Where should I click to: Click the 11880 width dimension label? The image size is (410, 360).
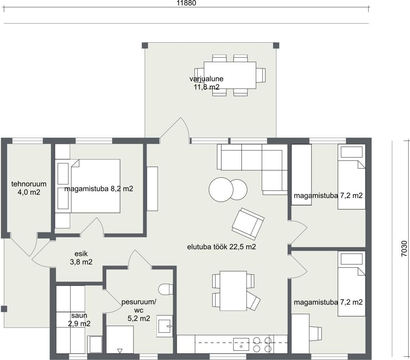point(186,3)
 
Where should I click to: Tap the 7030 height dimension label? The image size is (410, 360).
point(404,249)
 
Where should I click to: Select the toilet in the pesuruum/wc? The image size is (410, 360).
point(166,289)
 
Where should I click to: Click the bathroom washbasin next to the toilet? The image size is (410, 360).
point(164,326)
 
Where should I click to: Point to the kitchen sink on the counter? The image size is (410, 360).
point(241,344)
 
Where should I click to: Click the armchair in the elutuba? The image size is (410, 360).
point(248,224)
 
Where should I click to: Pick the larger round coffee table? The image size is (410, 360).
point(221,190)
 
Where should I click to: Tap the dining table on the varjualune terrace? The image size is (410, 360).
point(230,75)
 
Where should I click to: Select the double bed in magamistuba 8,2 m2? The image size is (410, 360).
point(87,186)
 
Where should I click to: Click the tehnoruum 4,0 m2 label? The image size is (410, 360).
point(29,188)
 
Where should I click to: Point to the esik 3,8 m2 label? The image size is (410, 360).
point(81,258)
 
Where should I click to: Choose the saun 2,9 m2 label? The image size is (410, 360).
point(79,320)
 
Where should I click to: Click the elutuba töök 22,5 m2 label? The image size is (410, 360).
point(221,247)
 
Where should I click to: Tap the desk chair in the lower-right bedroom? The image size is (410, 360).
point(315,334)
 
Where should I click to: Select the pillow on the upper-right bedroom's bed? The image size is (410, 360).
point(351,152)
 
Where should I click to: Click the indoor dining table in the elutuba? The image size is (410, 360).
point(233,291)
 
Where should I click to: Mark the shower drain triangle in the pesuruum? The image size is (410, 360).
point(120,351)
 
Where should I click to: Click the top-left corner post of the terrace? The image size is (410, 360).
point(145,45)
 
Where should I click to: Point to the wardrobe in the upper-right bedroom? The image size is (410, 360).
point(301,174)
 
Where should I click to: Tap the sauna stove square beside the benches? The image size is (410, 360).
point(96,345)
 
